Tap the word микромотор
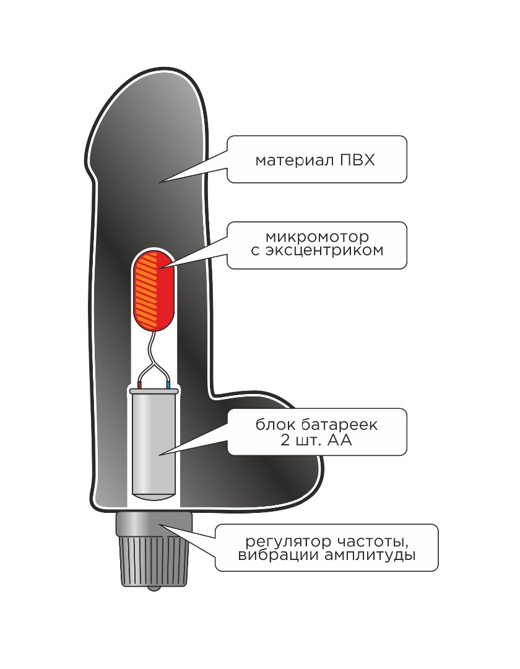(x=317, y=237)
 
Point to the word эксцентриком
(x=324, y=250)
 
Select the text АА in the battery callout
(x=340, y=440)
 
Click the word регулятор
(x=288, y=542)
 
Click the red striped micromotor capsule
(x=154, y=289)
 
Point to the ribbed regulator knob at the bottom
(x=154, y=561)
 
